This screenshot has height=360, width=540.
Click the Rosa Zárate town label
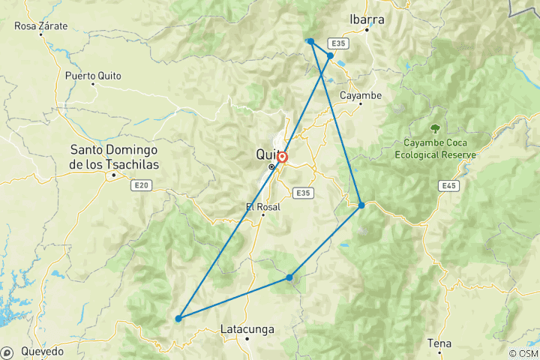pos(41,26)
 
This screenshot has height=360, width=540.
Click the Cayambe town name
pos(361,95)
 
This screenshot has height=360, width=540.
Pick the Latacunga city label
pos(247,329)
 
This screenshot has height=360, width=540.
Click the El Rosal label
pos(262,206)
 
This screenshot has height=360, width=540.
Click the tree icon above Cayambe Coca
pos(435,127)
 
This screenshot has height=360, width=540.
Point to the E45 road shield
pos(449,185)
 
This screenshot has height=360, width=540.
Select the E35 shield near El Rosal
pos(302,193)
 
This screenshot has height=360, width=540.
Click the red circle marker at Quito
pos(282,157)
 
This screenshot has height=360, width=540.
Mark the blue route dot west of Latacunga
pos(178,319)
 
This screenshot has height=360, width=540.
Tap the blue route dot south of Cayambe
pos(361,205)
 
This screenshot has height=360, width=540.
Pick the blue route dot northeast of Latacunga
pos(289,277)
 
